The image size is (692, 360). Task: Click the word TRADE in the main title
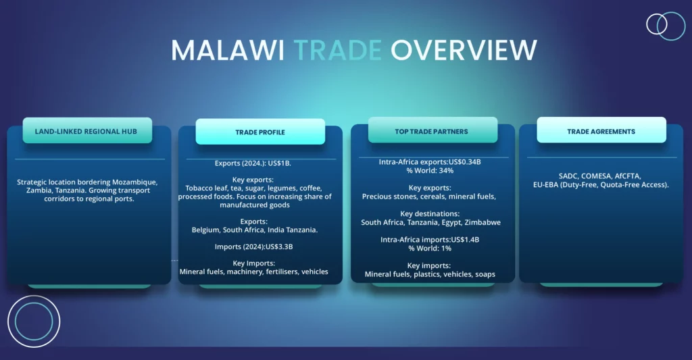coord(338,49)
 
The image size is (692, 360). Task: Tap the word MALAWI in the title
coord(227,49)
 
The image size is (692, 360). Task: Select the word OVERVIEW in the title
coord(464,49)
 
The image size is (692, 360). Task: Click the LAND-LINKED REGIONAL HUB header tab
coord(87,130)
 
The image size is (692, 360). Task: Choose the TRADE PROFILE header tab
coord(260,132)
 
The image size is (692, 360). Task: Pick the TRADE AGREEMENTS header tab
coord(601,130)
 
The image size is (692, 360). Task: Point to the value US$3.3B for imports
coord(279,247)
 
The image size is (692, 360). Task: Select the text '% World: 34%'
coord(430,170)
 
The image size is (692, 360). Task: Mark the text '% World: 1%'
coord(430,249)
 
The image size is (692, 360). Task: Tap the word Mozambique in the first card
coord(134,182)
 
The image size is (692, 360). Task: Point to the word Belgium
coord(206,230)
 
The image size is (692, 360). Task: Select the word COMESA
coord(597,176)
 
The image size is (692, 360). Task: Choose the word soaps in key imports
coord(485,274)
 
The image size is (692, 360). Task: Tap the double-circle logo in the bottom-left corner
coord(34,322)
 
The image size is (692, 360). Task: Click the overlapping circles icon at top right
coord(666,26)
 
